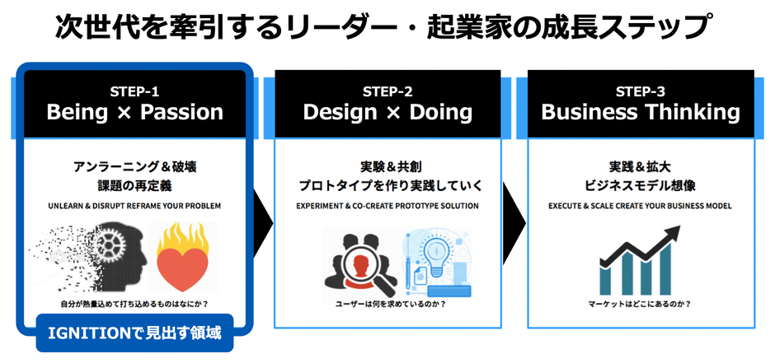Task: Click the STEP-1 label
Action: [134, 91]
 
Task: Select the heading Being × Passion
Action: [135, 112]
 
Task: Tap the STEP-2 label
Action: [387, 91]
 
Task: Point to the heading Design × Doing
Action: [387, 112]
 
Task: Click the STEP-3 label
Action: [640, 91]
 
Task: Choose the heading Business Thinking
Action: [640, 112]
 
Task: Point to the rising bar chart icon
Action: [641, 263]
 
